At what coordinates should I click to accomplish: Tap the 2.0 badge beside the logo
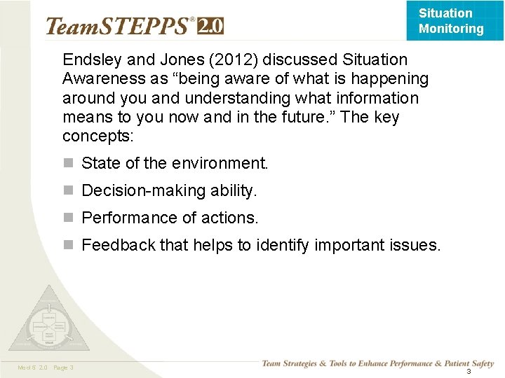point(210,27)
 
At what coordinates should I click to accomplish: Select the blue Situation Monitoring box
point(454,20)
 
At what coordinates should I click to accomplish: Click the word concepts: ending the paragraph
point(92,136)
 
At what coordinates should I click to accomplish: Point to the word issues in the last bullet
point(417,246)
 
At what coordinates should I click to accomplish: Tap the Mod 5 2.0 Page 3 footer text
point(46,368)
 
